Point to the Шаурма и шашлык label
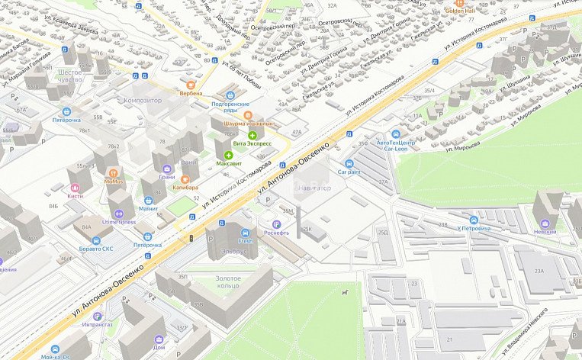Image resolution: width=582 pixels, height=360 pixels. click(247, 124)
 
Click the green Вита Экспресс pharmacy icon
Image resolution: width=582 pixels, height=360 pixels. click(252, 135)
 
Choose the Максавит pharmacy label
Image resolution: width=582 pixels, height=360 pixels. click(228, 163)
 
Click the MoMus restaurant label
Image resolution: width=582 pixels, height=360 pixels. click(114, 182)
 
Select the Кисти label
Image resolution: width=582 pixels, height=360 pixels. click(75, 196)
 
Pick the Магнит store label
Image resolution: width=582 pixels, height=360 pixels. click(148, 208)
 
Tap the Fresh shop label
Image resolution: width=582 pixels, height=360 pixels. click(246, 242)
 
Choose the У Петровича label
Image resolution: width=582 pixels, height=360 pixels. click(474, 229)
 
